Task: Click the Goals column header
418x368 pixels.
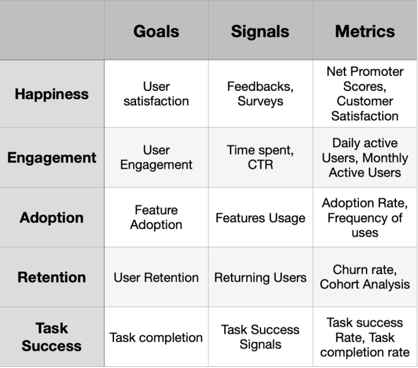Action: (156, 32)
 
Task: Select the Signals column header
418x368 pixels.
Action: (260, 32)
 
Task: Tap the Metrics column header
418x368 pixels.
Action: (365, 32)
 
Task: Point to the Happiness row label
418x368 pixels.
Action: (52, 94)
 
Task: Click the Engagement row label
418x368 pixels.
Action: (52, 158)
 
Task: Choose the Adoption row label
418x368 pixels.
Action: (52, 217)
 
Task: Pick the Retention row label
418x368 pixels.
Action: (52, 277)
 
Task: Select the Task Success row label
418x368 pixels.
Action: (52, 337)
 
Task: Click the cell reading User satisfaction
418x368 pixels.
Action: (156, 94)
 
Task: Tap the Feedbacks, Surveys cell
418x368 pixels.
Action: (260, 94)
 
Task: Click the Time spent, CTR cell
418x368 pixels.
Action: (260, 157)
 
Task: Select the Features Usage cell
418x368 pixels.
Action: (260, 218)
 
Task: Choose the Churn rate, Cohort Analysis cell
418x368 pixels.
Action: (365, 277)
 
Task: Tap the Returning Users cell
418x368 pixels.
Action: (260, 278)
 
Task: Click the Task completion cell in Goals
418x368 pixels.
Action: (156, 338)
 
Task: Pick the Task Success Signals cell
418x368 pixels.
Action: (260, 337)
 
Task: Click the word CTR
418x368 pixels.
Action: (260, 164)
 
